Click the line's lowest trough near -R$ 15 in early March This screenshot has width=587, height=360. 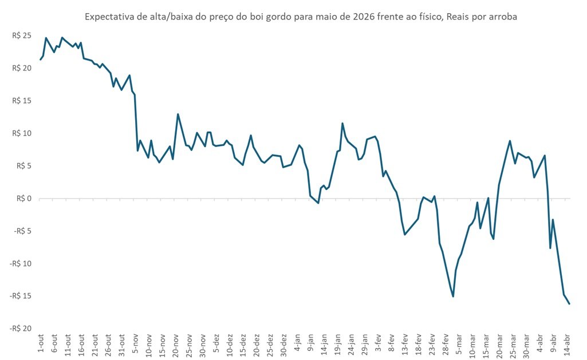coord(453,296)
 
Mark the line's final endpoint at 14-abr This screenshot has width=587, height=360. coord(569,304)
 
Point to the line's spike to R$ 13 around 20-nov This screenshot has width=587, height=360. coord(178,114)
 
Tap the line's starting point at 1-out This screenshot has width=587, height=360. coord(41,60)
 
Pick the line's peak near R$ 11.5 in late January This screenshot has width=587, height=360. coord(342,123)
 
